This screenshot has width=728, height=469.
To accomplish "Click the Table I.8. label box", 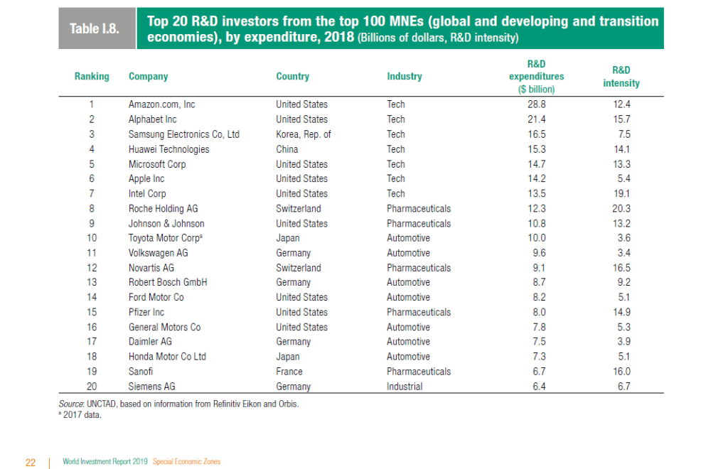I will point(97,29).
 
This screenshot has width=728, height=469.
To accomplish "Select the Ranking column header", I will point(92,76).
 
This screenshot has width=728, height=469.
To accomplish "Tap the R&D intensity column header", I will point(621,77).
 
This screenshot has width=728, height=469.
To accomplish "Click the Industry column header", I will point(404,76).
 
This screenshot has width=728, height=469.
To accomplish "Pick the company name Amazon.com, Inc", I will point(161,104).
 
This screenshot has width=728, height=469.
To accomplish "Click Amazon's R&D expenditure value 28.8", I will point(536,104).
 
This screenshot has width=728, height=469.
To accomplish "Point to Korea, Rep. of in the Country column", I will point(303,134).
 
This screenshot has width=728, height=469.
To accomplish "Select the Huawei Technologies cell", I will point(168,149).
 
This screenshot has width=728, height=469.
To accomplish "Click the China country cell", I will point(287,149).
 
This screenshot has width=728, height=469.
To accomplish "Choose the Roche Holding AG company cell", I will point(163,208).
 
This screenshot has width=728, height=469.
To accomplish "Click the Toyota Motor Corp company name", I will point(164,238).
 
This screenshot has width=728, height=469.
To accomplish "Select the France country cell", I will point(289,372).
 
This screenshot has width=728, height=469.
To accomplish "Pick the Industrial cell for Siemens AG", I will point(404,387).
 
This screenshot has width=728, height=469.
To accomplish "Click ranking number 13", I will point(92,282).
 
